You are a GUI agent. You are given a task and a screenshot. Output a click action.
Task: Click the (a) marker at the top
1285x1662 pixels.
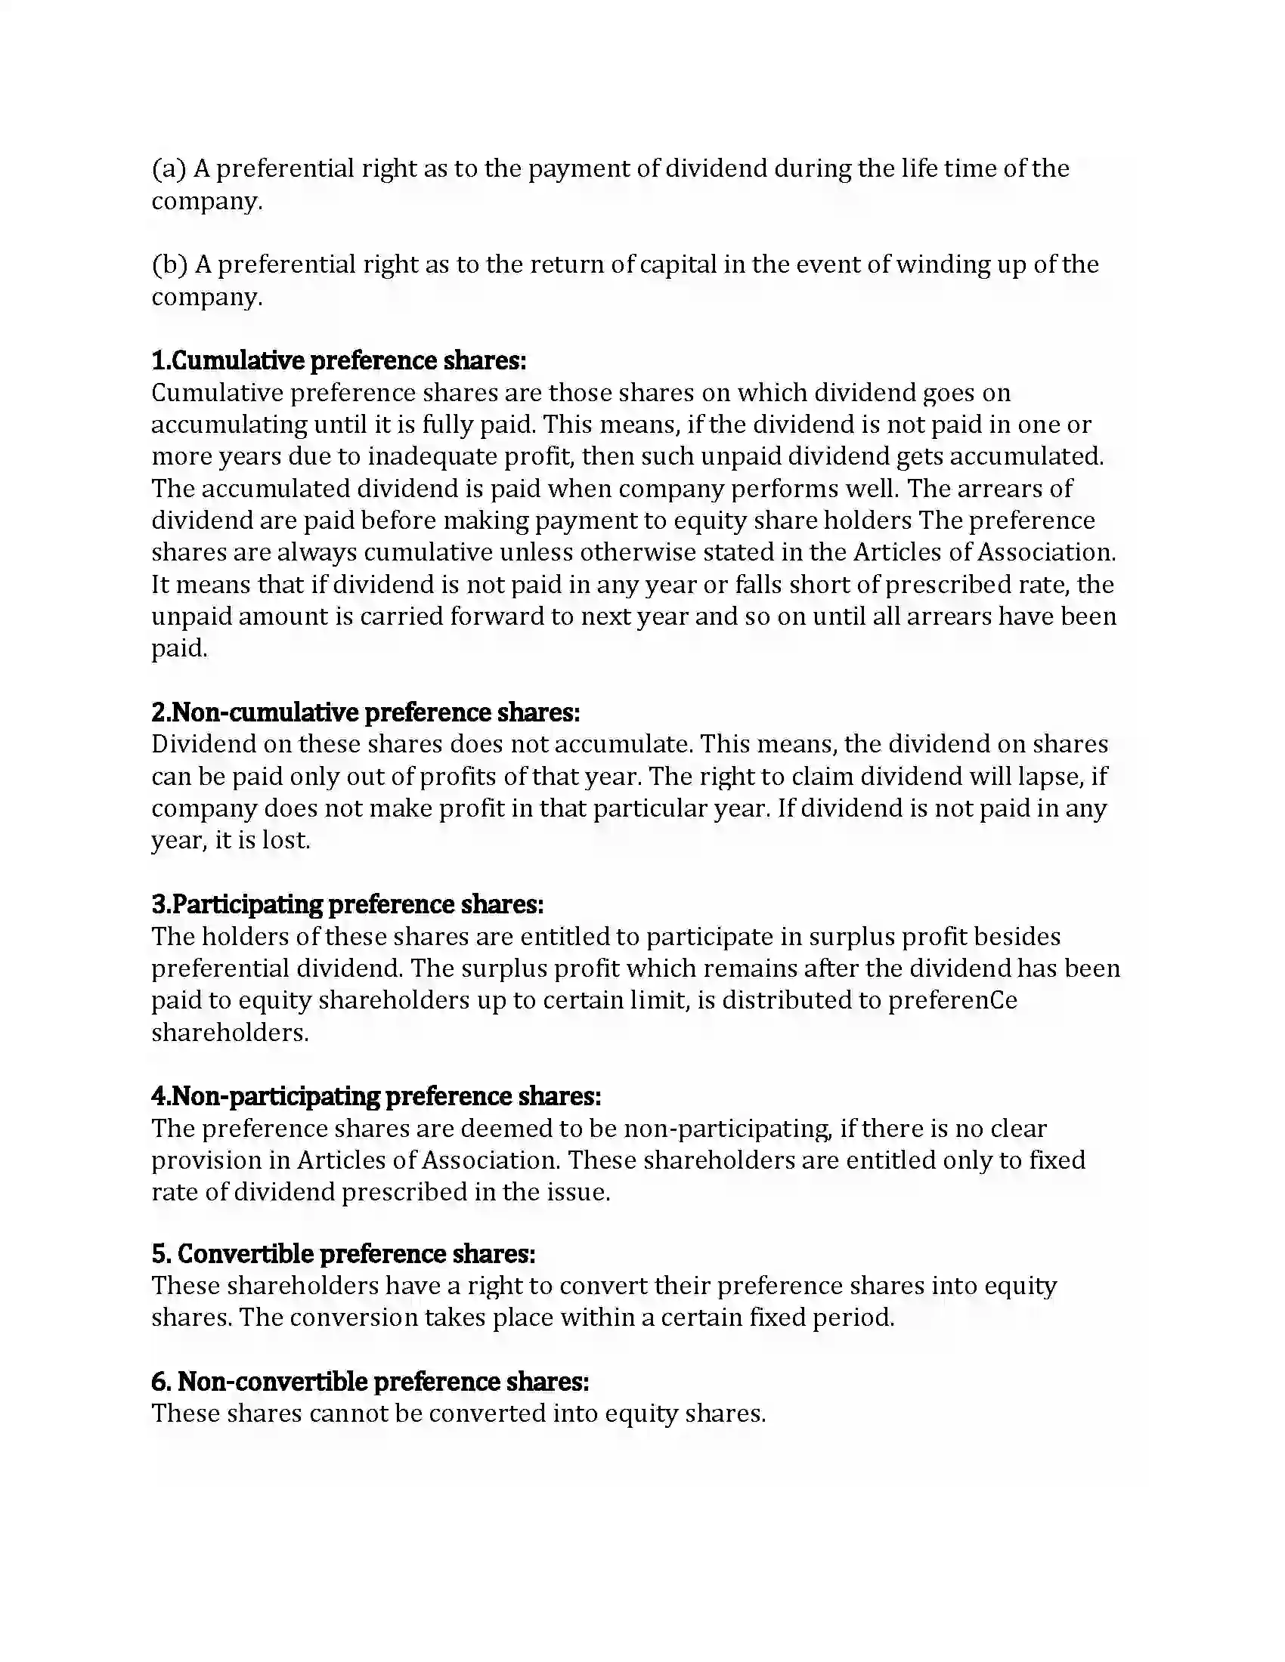(x=169, y=169)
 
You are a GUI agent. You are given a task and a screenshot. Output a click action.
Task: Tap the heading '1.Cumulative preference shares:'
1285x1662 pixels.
(x=339, y=360)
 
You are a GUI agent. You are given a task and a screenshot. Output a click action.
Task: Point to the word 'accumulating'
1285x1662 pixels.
(x=229, y=425)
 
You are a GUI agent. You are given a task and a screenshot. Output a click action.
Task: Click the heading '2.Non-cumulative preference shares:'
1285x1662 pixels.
(x=365, y=712)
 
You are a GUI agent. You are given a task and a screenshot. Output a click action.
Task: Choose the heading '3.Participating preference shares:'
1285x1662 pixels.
(x=347, y=904)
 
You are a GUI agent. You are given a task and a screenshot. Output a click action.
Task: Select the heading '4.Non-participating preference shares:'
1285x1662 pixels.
(x=376, y=1096)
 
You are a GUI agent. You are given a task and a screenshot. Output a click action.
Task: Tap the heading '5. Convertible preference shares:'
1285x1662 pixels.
(x=343, y=1253)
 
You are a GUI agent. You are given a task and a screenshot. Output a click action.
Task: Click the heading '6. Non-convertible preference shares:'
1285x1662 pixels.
(x=370, y=1381)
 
